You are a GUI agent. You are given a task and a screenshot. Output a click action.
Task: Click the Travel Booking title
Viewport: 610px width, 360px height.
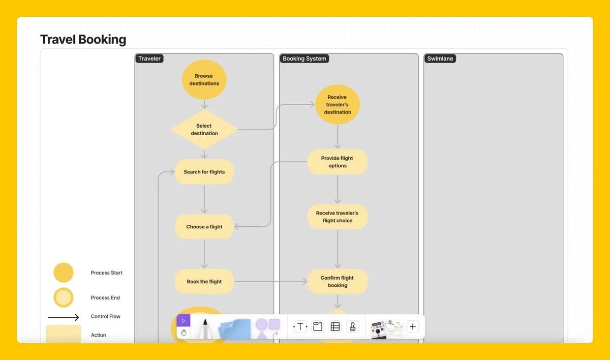pyautogui.click(x=83, y=40)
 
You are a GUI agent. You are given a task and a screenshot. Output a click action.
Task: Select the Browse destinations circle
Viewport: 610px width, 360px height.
pyautogui.click(x=204, y=80)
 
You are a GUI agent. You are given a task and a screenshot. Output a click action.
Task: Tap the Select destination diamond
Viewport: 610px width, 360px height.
pyautogui.click(x=204, y=130)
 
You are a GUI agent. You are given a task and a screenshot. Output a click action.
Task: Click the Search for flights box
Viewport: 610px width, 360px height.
pyautogui.click(x=204, y=172)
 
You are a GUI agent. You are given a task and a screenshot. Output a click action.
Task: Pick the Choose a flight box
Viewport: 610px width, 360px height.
pyautogui.click(x=204, y=227)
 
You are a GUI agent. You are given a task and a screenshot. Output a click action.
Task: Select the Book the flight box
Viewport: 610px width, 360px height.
pyautogui.click(x=204, y=282)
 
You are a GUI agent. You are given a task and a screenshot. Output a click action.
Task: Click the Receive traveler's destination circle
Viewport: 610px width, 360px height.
pyautogui.click(x=338, y=105)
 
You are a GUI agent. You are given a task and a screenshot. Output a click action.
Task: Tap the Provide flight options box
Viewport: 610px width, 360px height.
pyautogui.click(x=338, y=162)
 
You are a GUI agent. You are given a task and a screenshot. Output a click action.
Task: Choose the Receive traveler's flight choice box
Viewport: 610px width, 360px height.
pyautogui.click(x=338, y=217)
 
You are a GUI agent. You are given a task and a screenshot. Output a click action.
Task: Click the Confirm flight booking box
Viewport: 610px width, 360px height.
pyautogui.click(x=338, y=282)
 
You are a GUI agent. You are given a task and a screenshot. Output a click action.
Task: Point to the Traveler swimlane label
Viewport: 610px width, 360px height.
pyautogui.click(x=149, y=58)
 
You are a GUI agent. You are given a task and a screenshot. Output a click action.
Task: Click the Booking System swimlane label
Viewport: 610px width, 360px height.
pyautogui.click(x=304, y=58)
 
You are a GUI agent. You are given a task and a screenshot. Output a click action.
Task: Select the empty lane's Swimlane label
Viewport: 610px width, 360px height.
pyautogui.click(x=440, y=58)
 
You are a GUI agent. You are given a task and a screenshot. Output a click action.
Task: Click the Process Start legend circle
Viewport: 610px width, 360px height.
pyautogui.click(x=64, y=273)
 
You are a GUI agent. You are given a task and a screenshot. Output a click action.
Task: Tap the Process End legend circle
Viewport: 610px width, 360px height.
pyautogui.click(x=64, y=297)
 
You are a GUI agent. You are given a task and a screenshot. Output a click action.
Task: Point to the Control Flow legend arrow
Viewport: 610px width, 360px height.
pyautogui.click(x=64, y=317)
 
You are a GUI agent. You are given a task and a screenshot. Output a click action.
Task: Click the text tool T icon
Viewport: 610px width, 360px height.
pyautogui.click(x=300, y=326)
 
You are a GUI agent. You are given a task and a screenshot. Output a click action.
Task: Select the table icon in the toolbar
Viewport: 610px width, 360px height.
pyautogui.click(x=335, y=326)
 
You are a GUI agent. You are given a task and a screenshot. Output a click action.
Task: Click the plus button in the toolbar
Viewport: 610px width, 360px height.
pyautogui.click(x=413, y=326)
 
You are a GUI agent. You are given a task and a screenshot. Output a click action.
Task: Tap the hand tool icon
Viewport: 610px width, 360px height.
pyautogui.click(x=184, y=333)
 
